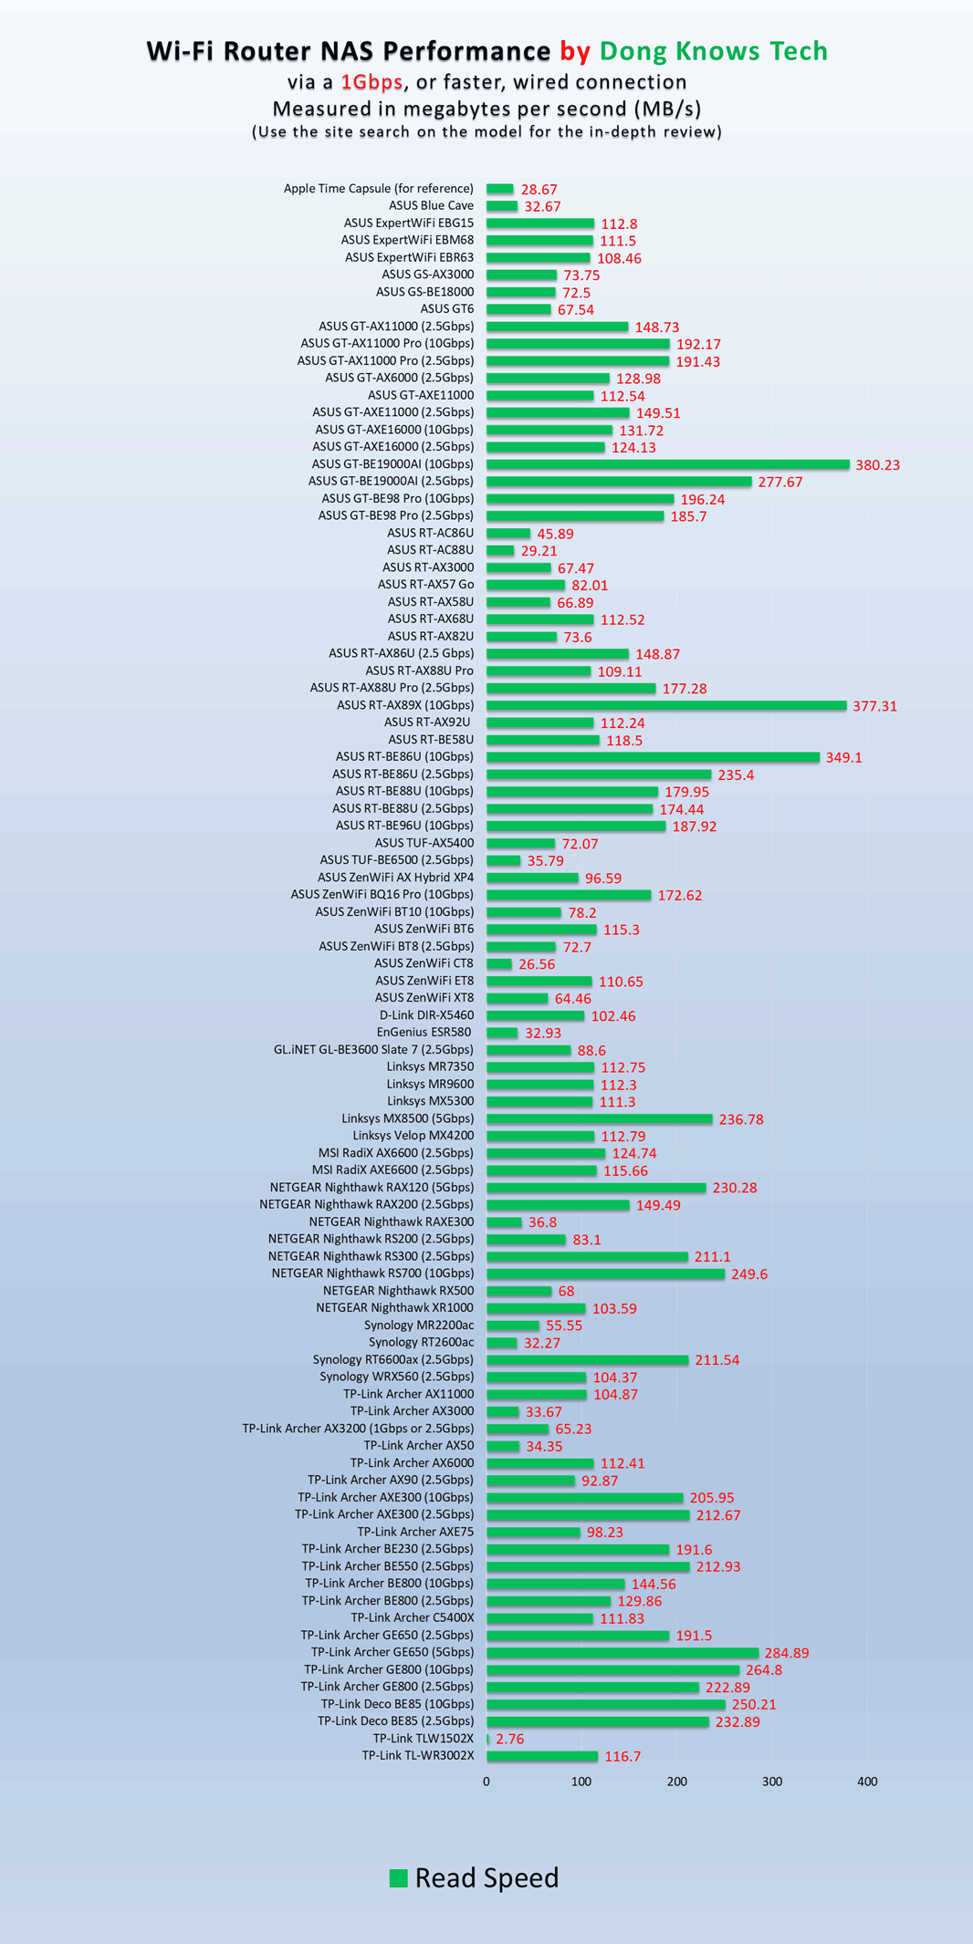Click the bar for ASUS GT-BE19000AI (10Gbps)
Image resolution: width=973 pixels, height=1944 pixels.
click(x=667, y=464)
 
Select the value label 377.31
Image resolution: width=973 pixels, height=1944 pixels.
click(x=874, y=706)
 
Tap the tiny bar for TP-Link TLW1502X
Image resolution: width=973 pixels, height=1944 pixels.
click(x=488, y=1739)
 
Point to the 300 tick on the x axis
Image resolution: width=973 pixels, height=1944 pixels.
click(x=772, y=1782)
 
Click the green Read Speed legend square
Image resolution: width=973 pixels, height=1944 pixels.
click(x=398, y=1877)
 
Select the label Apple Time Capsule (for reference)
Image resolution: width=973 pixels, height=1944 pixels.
click(x=378, y=189)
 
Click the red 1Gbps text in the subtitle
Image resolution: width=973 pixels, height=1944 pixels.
click(x=371, y=82)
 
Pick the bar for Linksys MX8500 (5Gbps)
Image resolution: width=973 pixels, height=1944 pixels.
click(x=599, y=1118)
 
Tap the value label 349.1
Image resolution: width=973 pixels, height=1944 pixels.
click(x=843, y=757)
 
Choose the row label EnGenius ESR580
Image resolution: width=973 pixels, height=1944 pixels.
click(x=424, y=1033)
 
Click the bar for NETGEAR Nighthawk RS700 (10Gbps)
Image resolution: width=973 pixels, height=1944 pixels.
click(x=605, y=1273)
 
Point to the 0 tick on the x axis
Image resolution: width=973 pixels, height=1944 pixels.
click(x=486, y=1782)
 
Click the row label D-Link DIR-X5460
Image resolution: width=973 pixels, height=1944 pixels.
click(x=426, y=1015)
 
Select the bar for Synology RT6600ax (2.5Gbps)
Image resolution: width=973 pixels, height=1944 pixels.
click(x=587, y=1359)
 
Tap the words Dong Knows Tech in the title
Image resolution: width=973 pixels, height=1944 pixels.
click(x=713, y=51)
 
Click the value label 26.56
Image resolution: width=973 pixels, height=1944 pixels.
click(x=537, y=964)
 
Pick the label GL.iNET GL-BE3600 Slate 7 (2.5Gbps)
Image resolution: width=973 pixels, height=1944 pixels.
click(x=373, y=1050)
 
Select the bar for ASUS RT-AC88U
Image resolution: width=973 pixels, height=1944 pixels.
click(x=500, y=550)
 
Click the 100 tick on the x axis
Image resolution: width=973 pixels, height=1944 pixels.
click(x=581, y=1782)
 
